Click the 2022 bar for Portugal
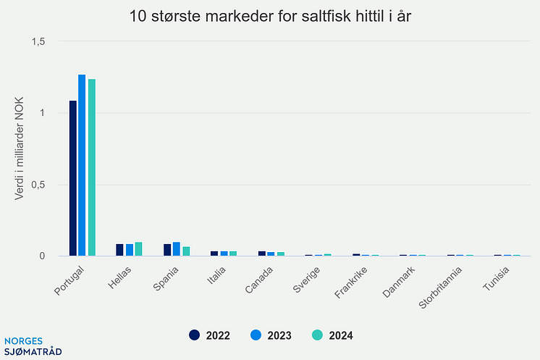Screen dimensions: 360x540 (73, 178)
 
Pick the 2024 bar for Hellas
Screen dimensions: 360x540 (139, 249)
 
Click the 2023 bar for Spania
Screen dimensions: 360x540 (176, 249)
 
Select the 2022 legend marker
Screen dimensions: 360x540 (195, 335)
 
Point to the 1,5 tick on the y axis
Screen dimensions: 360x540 (38, 42)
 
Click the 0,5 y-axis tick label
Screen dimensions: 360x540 (38, 185)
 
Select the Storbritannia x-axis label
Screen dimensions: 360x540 (441, 288)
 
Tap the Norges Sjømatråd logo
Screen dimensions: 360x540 (33, 346)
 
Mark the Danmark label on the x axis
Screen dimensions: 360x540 (400, 282)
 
